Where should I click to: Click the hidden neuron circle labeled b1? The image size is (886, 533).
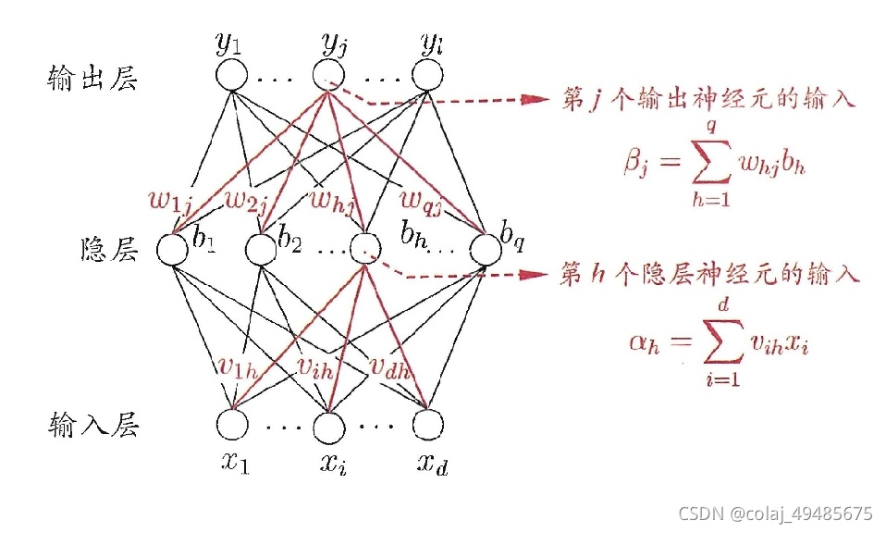(x=173, y=248)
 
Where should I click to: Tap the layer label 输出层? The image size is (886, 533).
(x=92, y=79)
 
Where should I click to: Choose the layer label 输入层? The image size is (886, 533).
(x=92, y=426)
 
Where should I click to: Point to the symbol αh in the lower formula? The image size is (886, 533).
(x=646, y=343)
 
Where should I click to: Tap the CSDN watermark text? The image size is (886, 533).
(x=775, y=513)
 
